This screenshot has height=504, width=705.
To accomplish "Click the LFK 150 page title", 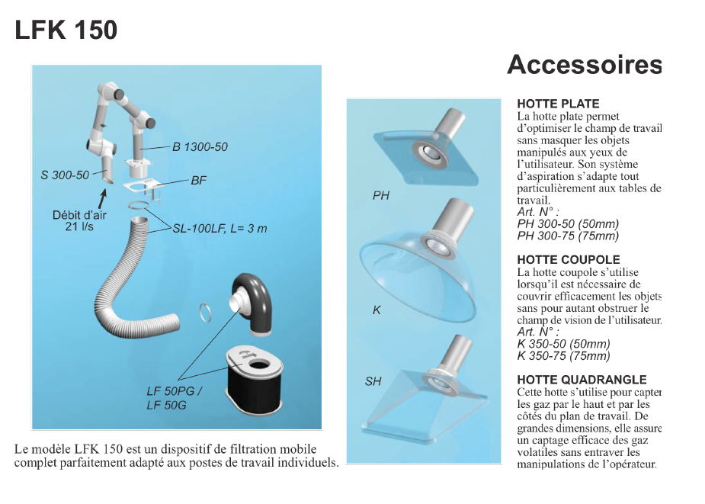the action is point(66,30).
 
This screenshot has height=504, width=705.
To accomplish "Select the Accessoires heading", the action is point(585,64).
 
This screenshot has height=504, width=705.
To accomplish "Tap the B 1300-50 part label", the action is point(200,146).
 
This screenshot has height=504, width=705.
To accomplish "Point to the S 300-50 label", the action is point(65,175).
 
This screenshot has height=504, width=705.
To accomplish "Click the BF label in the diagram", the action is point(198,181).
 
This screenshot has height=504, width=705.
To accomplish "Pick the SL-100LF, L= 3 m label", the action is point(220,229).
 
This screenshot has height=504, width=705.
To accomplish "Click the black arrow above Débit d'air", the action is point(103,198).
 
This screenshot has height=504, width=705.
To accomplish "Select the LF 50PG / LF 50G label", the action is point(174,398).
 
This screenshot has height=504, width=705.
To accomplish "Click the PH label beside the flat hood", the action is point(381,196).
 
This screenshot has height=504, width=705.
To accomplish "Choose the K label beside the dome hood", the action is point(377,310).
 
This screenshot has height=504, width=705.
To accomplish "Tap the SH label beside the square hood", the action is point(373,381).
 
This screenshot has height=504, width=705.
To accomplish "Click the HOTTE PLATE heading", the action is point(558,104).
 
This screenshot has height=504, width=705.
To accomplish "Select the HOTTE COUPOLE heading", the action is point(569,260).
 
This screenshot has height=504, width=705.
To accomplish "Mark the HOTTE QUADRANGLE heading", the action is point(582,380).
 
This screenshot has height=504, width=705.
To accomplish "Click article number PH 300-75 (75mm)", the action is point(568,236).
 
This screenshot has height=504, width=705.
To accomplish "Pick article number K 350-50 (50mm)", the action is point(563,344).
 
